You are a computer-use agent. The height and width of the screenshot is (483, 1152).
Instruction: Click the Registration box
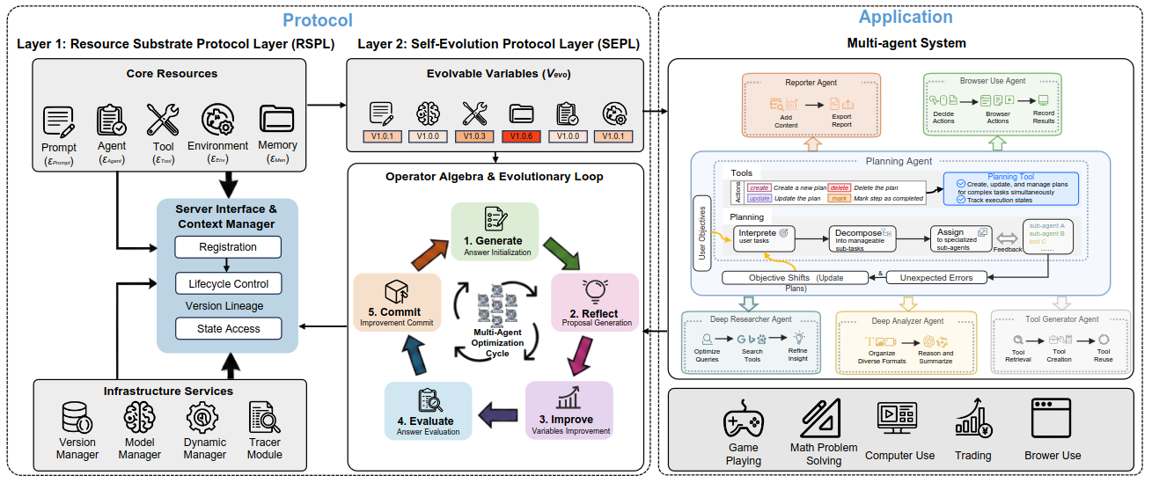click(x=228, y=248)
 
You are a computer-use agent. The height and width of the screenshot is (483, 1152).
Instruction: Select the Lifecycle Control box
click(x=228, y=284)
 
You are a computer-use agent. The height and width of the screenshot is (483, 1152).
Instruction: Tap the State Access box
click(x=228, y=329)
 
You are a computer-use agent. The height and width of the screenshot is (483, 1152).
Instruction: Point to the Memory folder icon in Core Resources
click(x=277, y=120)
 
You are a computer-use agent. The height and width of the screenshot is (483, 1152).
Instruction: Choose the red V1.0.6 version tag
click(x=521, y=136)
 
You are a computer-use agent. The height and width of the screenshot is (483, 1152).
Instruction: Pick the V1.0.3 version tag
click(x=474, y=136)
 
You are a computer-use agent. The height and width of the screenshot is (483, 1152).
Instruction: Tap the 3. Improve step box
click(x=570, y=410)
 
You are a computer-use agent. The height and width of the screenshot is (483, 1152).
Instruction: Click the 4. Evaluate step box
click(x=428, y=410)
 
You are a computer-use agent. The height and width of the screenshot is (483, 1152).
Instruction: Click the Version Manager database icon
click(x=77, y=417)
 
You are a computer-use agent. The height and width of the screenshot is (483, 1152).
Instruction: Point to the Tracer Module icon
click(x=264, y=417)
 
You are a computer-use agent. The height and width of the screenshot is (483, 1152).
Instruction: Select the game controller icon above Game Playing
click(x=744, y=421)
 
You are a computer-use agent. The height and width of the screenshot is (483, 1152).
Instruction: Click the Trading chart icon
click(x=972, y=423)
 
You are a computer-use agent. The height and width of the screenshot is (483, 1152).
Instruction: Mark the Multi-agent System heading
click(x=906, y=43)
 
